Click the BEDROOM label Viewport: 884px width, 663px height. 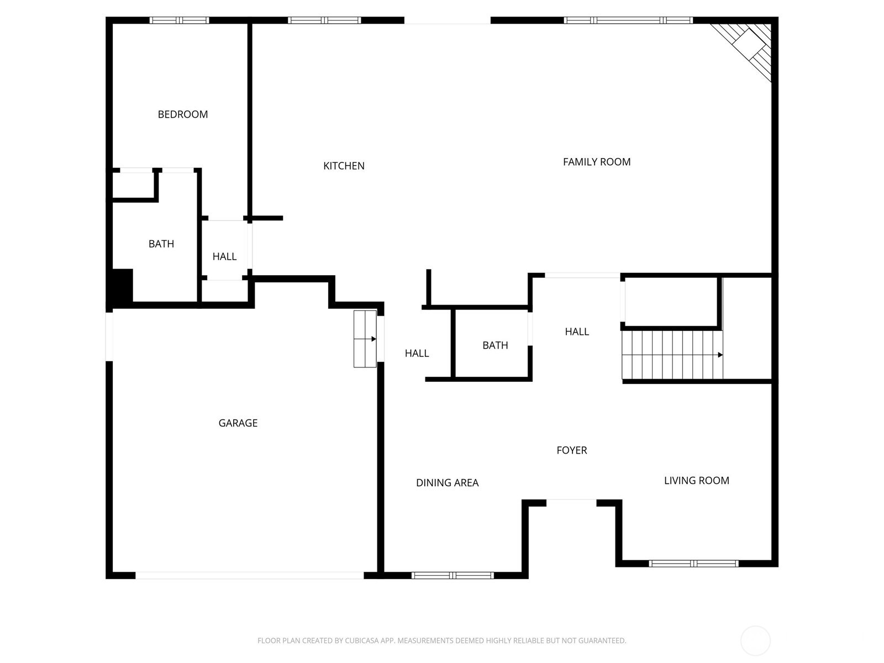click(183, 114)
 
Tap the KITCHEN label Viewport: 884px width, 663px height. click(344, 166)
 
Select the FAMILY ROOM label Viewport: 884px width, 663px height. click(597, 162)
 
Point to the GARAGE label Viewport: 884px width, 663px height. click(238, 423)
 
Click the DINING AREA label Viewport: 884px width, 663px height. click(447, 483)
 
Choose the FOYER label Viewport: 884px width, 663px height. click(572, 450)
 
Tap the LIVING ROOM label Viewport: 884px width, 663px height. click(696, 481)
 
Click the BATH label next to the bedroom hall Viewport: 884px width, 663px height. click(161, 244)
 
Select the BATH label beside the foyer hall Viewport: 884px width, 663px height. click(495, 345)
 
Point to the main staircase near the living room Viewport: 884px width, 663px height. click(672, 355)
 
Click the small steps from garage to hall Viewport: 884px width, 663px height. click(365, 339)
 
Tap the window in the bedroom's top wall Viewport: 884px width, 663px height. click(179, 20)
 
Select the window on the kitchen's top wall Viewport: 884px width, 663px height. click(324, 20)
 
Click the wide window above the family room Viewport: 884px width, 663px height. click(628, 20)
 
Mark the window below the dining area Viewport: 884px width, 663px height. click(452, 575)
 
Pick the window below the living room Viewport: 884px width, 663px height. click(693, 564)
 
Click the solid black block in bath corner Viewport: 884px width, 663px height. click(123, 285)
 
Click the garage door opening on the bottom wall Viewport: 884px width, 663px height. click(250, 575)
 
